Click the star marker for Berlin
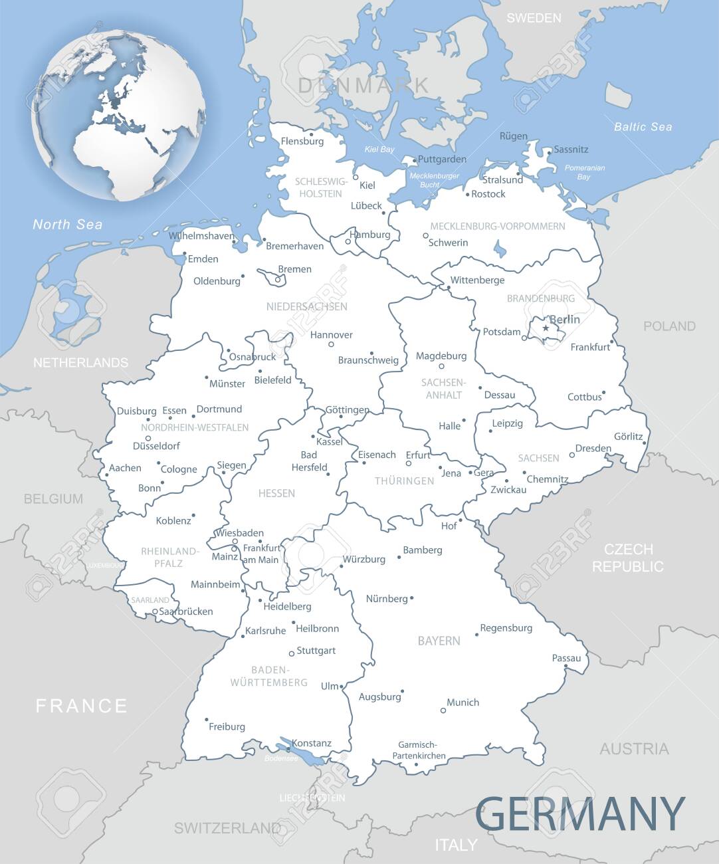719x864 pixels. coord(546,328)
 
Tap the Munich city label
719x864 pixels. coord(462,702)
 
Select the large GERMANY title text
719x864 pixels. coord(580,812)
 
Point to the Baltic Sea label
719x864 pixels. coord(642,126)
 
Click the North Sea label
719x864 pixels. coord(68,225)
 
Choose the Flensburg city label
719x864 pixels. coord(302,141)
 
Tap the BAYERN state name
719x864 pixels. coord(439,641)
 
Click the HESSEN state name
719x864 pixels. coord(276,493)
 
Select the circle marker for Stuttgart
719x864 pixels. coord(291,653)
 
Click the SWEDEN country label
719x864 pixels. coord(534,18)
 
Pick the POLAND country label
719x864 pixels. coord(668,326)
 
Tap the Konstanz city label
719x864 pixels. coord(312,744)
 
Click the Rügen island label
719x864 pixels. coord(513,136)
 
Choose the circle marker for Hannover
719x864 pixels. coord(332,344)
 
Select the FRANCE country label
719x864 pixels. coord(81,705)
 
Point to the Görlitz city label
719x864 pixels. coord(628,437)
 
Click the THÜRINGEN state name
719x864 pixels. coord(404,481)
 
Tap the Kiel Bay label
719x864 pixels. coord(379,150)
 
